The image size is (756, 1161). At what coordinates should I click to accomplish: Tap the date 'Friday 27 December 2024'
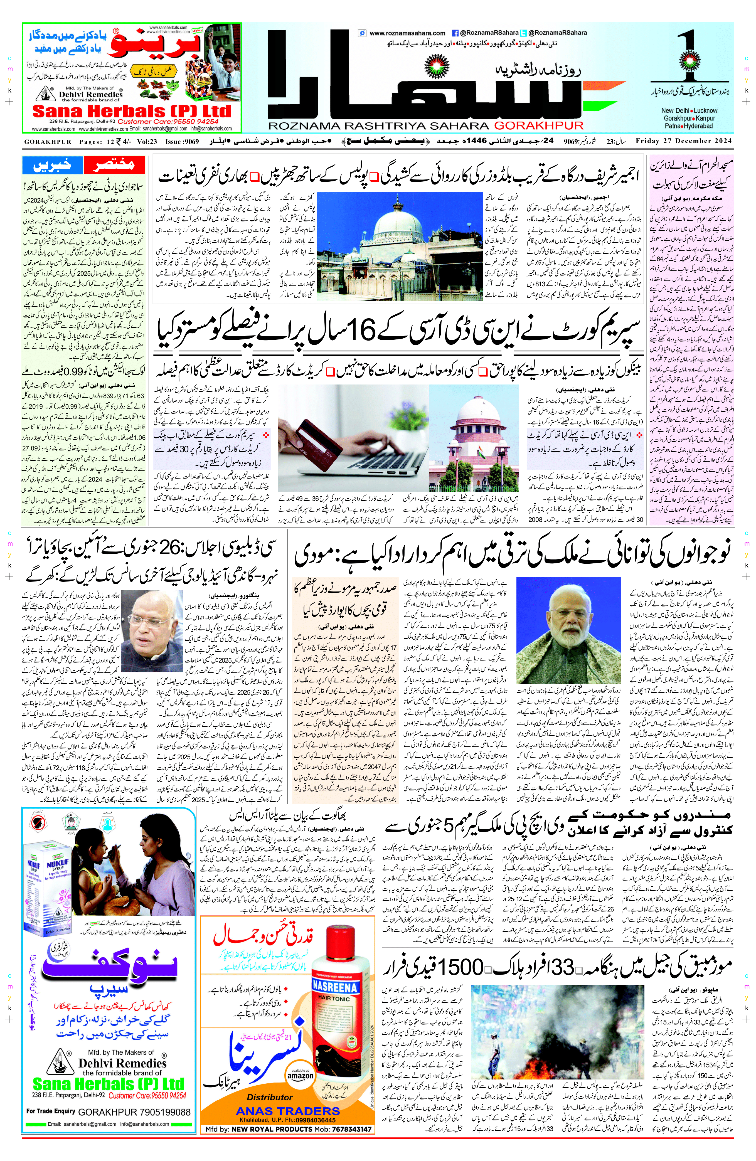click(x=684, y=141)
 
